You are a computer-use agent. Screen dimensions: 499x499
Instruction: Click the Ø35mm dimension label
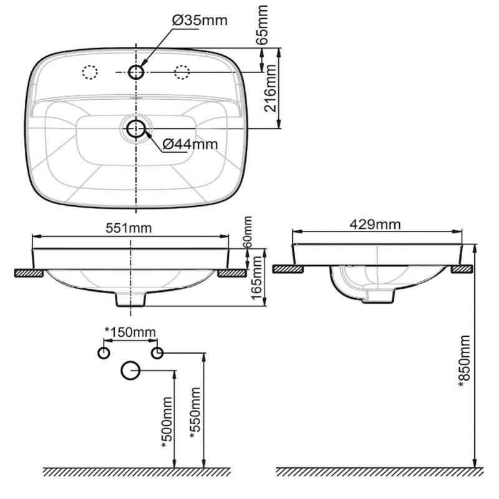click(200, 21)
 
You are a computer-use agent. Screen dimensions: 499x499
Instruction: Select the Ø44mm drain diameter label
click(190, 145)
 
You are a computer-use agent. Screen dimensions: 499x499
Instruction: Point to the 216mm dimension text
click(270, 88)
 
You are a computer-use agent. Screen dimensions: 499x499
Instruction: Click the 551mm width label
click(128, 228)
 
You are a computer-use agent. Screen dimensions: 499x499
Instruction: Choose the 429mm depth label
click(375, 225)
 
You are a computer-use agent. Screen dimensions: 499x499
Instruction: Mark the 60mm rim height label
click(248, 233)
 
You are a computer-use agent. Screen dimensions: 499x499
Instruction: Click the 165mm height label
click(257, 278)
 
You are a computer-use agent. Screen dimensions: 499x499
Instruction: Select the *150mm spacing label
click(130, 332)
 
